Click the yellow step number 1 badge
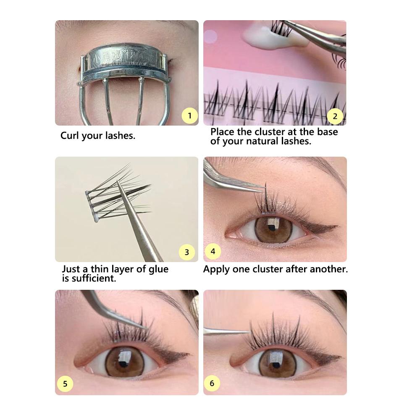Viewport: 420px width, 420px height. [190, 115]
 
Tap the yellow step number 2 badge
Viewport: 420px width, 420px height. [335, 115]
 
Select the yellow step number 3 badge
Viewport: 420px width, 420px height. [187, 252]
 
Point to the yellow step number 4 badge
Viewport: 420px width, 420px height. [213, 252]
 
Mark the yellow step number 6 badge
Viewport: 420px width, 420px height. [212, 383]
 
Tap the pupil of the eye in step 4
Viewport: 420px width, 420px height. [273, 229]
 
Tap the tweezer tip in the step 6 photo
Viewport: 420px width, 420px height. [248, 332]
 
